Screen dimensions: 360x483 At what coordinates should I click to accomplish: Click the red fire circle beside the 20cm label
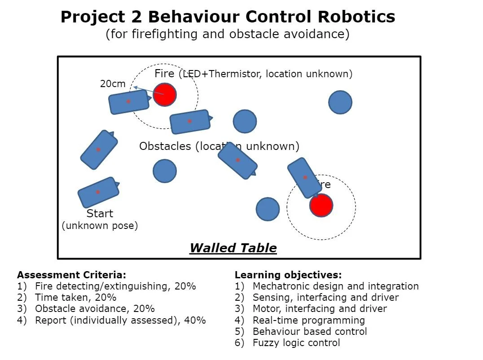tap(165, 94)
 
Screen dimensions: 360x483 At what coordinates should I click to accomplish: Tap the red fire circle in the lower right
tap(321, 206)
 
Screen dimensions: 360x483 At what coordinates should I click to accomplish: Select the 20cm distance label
tap(113, 83)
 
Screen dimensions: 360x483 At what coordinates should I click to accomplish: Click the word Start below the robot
tap(100, 213)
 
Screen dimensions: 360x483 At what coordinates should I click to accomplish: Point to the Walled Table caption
tap(233, 248)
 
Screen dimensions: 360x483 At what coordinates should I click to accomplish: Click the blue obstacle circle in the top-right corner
tap(340, 102)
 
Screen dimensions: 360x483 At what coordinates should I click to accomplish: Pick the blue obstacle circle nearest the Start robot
tap(165, 171)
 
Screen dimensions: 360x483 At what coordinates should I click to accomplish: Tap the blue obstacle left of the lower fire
tap(268, 209)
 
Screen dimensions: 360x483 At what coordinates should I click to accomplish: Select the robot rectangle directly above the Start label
tap(98, 192)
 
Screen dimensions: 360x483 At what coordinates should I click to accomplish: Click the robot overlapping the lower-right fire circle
tap(304, 177)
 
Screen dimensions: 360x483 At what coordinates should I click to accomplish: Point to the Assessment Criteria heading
tap(71, 275)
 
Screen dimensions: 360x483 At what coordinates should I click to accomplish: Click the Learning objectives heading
tap(288, 275)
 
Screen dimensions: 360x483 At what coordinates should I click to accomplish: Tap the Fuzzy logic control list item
tap(296, 343)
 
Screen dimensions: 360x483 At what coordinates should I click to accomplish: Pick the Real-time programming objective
tap(309, 320)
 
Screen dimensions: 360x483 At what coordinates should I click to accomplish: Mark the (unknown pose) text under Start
tap(100, 225)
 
